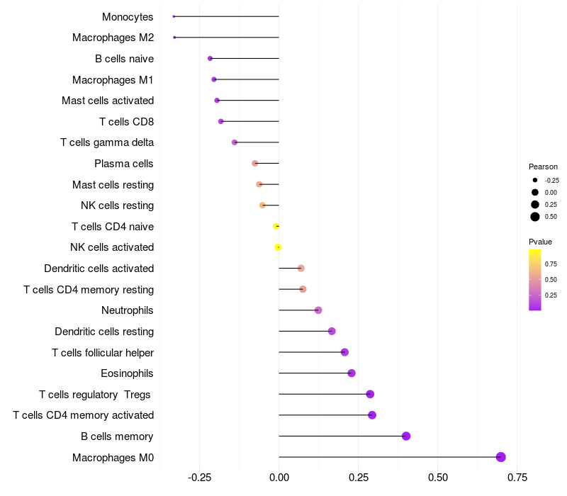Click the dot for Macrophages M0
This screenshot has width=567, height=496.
(500, 457)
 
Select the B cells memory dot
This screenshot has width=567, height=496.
(406, 436)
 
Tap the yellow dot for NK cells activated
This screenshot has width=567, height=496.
(278, 247)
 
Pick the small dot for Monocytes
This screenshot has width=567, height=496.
(174, 16)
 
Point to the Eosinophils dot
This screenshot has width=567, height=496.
(352, 373)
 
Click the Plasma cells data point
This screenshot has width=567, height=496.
(255, 164)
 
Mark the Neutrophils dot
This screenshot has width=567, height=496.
(318, 310)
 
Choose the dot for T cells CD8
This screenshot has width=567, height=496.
(221, 121)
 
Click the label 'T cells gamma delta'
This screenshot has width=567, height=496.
(107, 142)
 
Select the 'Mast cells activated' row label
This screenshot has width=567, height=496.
(108, 101)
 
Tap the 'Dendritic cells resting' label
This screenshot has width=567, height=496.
(104, 332)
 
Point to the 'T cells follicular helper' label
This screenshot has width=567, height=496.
(103, 352)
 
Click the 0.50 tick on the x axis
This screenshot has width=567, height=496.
(438, 478)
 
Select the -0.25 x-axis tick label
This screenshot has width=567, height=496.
(200, 478)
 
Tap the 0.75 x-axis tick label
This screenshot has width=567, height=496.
(517, 478)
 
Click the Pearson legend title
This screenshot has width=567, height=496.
(544, 167)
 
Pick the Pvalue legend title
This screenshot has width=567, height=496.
(541, 242)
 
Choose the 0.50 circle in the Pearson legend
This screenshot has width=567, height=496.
(535, 217)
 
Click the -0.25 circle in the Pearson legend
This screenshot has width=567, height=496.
(535, 180)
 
